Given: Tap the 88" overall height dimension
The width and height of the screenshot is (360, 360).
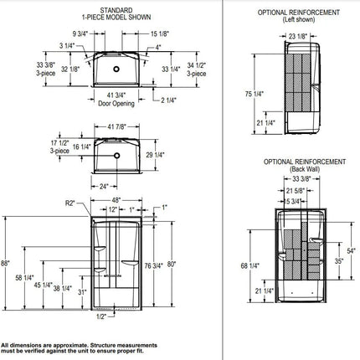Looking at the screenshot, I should [8, 264].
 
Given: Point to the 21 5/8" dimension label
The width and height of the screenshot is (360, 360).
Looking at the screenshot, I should [292, 188].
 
